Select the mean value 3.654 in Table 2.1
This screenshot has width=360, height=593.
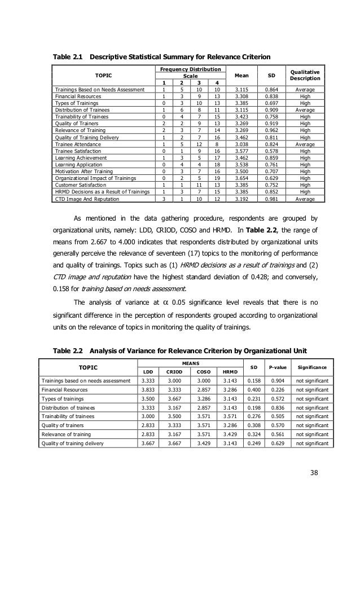click(x=240, y=177)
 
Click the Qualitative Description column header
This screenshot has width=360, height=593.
click(x=305, y=76)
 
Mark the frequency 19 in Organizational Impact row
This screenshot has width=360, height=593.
click(x=217, y=177)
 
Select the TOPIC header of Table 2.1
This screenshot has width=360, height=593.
click(x=103, y=76)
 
